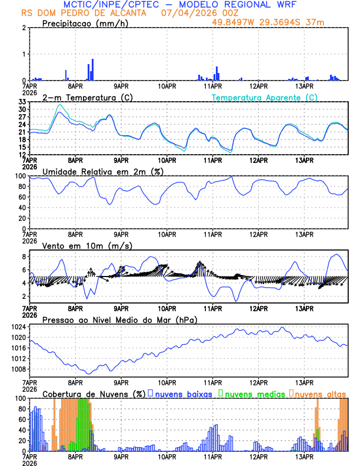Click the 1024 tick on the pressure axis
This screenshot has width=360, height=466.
(18, 327)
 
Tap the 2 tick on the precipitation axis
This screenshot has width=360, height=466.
(24, 28)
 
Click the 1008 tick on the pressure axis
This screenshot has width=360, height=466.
(18, 370)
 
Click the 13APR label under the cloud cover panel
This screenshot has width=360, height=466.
(305, 457)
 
